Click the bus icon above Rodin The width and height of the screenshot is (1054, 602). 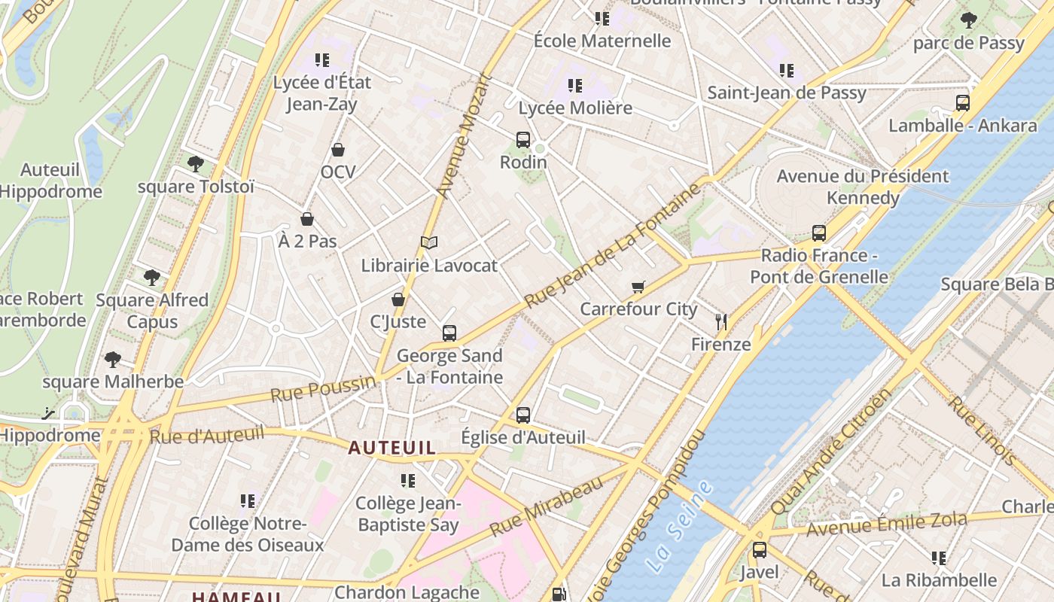(x=523, y=139)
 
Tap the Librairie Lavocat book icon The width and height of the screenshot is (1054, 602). (x=429, y=242)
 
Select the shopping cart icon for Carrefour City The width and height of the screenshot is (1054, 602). (x=638, y=287)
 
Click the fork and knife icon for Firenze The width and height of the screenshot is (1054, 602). (x=721, y=322)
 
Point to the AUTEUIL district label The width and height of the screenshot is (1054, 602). (x=391, y=448)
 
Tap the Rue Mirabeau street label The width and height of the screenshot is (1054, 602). (x=547, y=506)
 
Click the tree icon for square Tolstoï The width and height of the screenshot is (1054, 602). (x=196, y=163)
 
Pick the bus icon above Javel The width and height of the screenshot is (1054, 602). (x=760, y=549)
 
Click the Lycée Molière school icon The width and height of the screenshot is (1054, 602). (x=575, y=86)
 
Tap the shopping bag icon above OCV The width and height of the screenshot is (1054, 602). (x=338, y=150)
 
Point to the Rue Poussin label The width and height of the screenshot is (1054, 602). (x=323, y=389)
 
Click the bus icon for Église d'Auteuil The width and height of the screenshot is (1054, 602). (x=523, y=415)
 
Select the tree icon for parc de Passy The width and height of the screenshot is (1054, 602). (x=969, y=20)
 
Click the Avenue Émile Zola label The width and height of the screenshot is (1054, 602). (x=886, y=524)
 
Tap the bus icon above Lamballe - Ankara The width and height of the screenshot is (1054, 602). (x=963, y=103)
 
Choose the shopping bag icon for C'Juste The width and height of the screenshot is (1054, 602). (x=398, y=299)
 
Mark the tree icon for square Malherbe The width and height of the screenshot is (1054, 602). (x=113, y=359)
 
